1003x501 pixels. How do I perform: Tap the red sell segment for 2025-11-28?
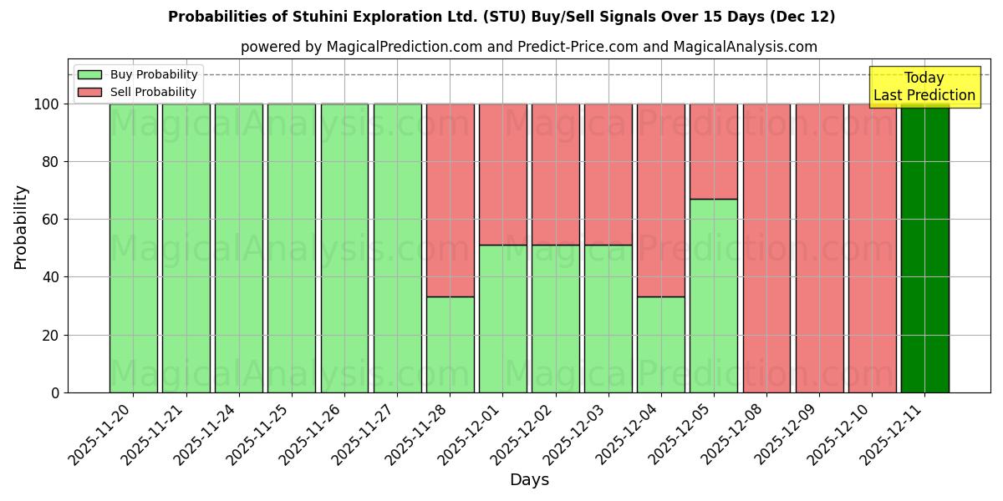point(450,200)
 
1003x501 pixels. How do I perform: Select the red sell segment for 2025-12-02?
point(555,175)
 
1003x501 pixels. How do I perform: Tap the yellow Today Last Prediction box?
point(924,87)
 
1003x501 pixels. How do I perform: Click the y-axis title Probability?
point(21,227)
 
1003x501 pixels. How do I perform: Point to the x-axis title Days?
point(529,480)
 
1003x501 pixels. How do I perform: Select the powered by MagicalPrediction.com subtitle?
point(361,47)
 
